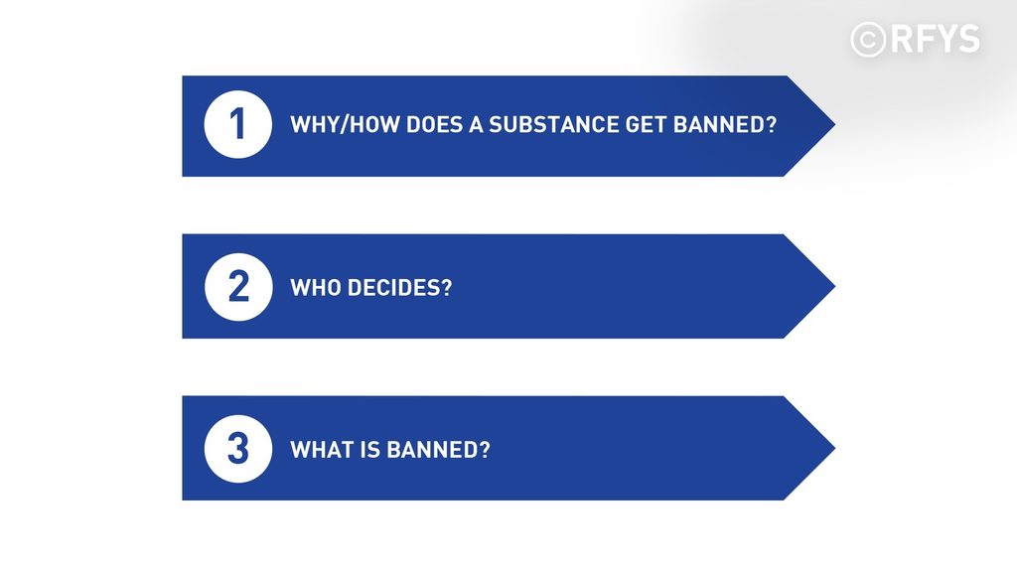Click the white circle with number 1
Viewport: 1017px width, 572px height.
tap(238, 124)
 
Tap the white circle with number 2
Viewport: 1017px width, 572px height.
tap(238, 287)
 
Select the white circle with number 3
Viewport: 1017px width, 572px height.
tap(238, 449)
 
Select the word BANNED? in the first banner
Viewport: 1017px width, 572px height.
tap(724, 124)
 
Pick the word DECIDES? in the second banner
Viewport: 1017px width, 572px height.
tap(399, 287)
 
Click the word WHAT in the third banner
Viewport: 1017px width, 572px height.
tap(321, 450)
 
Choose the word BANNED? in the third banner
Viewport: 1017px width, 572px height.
tap(438, 450)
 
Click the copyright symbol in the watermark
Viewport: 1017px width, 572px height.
tap(868, 40)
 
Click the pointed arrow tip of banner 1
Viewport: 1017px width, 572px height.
tap(834, 124)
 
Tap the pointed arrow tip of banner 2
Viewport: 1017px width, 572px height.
tap(834, 286)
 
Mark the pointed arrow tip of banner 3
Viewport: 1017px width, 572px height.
tap(834, 448)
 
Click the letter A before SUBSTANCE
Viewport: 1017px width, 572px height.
tap(476, 124)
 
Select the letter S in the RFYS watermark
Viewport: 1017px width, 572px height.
tap(967, 39)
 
